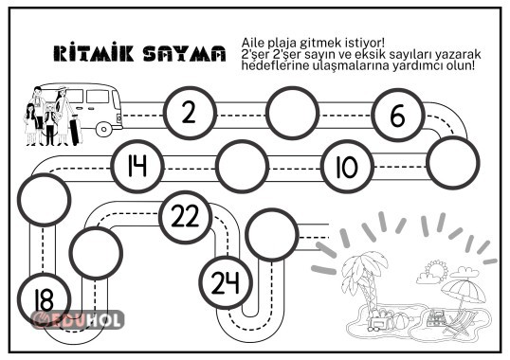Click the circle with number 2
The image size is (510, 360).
coord(189,113)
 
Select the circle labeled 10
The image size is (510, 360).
coord(344,167)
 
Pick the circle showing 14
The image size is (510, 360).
coord(137,167)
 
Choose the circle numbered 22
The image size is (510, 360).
coord(189,215)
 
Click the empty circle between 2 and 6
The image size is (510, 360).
coord(293,113)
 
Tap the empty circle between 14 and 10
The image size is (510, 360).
coord(241,167)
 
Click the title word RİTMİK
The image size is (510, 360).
coord(92,54)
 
